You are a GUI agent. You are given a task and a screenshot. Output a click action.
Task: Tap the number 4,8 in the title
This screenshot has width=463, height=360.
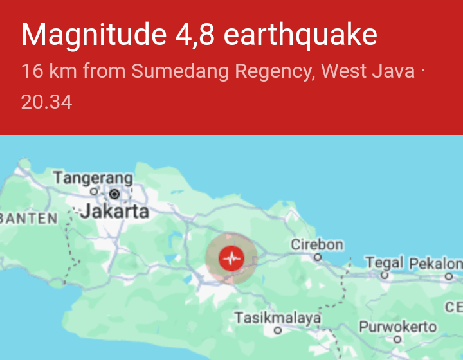click(194, 35)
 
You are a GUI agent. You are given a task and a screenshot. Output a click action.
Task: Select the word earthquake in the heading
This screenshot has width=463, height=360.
click(300, 35)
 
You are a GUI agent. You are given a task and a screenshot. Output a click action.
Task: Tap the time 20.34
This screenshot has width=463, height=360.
click(46, 102)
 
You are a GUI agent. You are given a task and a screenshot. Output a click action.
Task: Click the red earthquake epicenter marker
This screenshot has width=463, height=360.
click(231, 258)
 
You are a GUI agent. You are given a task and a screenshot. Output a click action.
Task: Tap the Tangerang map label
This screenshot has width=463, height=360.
click(93, 177)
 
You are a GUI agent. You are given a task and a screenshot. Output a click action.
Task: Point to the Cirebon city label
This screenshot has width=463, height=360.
click(317, 245)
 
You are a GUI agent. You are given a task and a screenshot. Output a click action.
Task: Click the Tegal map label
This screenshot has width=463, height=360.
click(385, 262)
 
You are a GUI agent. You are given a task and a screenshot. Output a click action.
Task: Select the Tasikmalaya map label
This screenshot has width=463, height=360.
click(277, 318)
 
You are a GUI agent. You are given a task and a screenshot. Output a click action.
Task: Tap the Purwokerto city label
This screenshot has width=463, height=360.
click(397, 327)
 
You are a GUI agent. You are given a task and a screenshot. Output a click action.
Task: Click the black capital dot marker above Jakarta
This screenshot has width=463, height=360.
click(114, 194)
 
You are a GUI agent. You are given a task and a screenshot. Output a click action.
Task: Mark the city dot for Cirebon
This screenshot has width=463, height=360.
click(317, 256)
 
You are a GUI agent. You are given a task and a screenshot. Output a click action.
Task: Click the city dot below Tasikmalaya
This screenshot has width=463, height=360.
click(278, 330)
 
